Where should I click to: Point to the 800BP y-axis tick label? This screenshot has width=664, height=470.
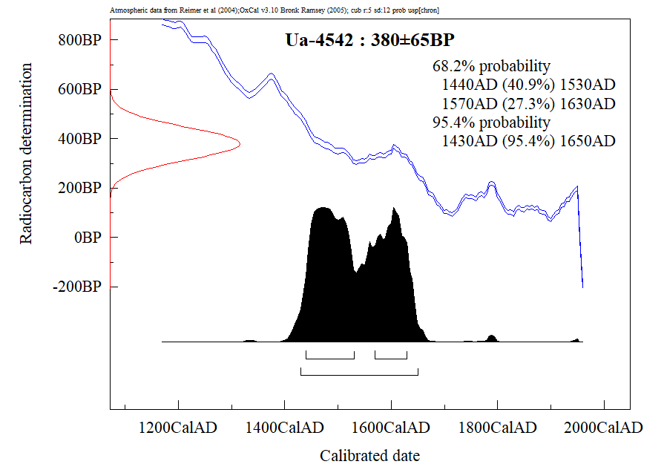[79, 40]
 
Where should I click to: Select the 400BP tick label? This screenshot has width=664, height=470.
[79, 139]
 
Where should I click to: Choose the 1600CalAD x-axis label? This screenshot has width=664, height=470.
[391, 428]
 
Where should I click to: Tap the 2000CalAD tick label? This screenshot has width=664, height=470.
[604, 428]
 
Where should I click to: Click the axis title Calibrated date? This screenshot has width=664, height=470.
[369, 455]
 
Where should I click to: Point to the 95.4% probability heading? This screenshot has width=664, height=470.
[491, 122]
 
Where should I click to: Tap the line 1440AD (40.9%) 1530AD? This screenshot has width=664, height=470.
[528, 84]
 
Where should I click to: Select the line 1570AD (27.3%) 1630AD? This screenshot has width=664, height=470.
[528, 103]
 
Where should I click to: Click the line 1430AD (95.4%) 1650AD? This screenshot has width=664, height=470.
[528, 141]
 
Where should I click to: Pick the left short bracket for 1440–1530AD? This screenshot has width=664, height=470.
[330, 358]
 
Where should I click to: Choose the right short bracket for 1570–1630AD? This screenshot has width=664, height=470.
[391, 358]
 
